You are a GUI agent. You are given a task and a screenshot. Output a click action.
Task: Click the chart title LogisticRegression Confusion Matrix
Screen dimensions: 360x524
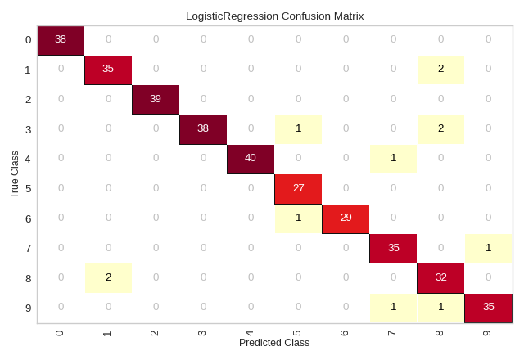pos(275,16)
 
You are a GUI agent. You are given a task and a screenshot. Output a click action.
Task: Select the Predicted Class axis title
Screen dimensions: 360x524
pos(275,343)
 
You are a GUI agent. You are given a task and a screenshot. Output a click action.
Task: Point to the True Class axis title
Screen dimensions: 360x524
pos(15,173)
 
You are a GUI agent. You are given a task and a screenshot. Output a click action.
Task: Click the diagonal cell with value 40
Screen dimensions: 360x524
pos(251,158)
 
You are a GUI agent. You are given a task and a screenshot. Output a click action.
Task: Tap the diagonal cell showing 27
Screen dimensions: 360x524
pos(298,187)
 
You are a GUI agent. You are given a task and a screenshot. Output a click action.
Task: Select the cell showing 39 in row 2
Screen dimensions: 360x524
pos(156,99)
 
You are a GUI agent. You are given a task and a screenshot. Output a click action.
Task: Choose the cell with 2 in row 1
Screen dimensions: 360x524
pos(440,70)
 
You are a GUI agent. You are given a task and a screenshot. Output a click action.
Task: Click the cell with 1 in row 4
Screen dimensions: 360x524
pos(393,158)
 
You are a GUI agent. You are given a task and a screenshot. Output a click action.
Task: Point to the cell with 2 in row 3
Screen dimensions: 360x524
pos(440,128)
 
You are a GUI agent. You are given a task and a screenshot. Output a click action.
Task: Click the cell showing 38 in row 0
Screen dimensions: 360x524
pos(61,40)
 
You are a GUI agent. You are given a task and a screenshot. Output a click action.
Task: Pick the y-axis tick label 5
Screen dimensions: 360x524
pos(28,187)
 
